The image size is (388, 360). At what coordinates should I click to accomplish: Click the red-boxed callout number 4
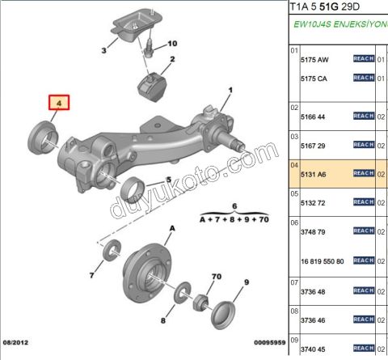pyautogui.click(x=57, y=103)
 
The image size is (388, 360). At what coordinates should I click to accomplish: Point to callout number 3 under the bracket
pyautogui.click(x=104, y=51)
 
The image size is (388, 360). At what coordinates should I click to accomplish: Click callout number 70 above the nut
pyautogui.click(x=215, y=277)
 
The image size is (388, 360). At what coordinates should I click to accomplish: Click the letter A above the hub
pyautogui.click(x=171, y=231)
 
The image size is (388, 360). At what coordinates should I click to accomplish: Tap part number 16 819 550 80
pyautogui.click(x=323, y=261)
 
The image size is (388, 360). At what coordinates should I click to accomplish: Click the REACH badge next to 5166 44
pyautogui.click(x=364, y=116)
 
